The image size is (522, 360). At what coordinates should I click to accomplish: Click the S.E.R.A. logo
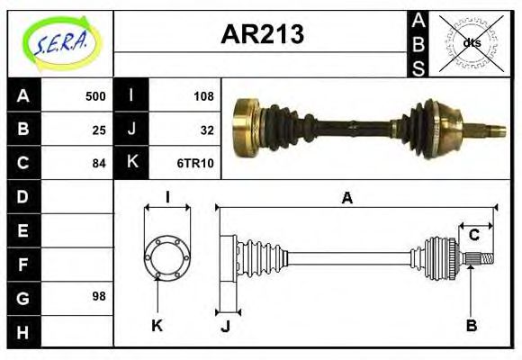[x=60, y=41]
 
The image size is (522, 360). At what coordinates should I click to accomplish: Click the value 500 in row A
[x=94, y=96]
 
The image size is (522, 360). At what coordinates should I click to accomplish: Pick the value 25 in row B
[x=99, y=130]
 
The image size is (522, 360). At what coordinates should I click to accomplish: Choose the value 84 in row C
[x=99, y=163]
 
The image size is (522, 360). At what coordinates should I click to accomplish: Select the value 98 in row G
[x=99, y=296]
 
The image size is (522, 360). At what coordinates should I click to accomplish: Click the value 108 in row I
[x=202, y=96]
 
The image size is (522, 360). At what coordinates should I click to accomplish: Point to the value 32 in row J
[x=206, y=130]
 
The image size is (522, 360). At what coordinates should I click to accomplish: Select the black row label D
[x=23, y=196]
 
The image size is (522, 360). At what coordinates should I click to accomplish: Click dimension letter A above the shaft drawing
[x=346, y=198]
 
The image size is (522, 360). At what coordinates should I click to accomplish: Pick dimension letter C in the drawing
[x=473, y=236]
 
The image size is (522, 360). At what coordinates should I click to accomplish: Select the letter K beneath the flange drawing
[x=157, y=325]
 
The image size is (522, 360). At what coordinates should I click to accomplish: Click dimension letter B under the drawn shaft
[x=471, y=325]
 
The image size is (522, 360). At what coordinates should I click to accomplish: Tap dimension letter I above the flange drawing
[x=167, y=198]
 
